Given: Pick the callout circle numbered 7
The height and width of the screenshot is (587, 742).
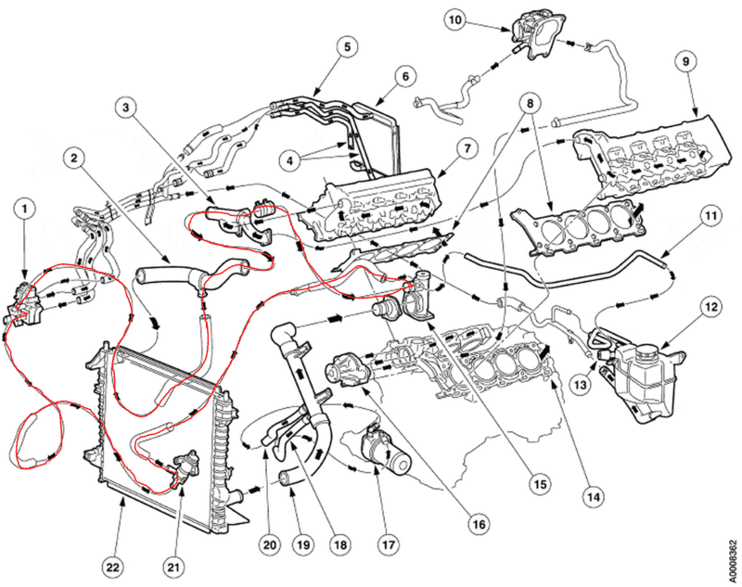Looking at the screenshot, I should tap(466, 149).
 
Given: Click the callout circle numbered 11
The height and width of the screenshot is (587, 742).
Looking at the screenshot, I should tap(710, 220).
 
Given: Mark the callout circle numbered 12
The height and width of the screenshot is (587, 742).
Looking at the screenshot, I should tap(710, 305).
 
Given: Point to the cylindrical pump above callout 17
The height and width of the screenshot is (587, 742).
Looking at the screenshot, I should tap(387, 448).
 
